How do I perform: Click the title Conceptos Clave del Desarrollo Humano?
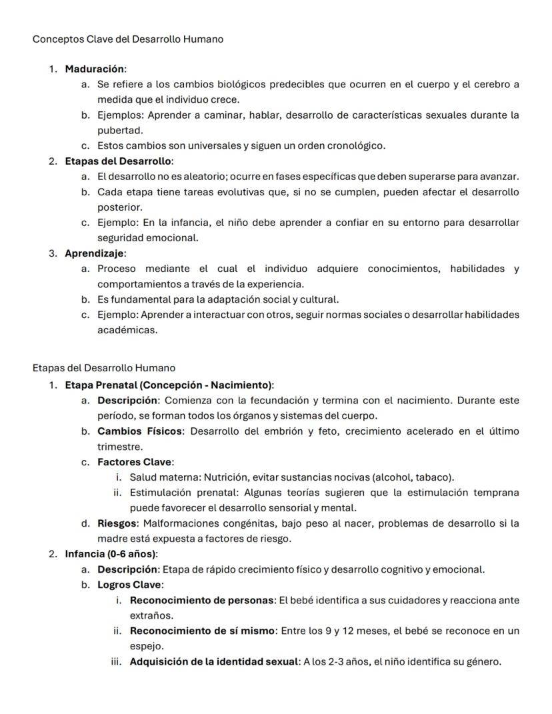pos(127,39)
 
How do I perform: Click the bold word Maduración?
pos(95,69)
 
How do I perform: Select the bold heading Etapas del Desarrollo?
pos(118,161)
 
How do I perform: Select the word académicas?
pos(118,330)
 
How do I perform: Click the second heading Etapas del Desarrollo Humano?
pos(103,368)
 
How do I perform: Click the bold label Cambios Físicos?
pos(139,431)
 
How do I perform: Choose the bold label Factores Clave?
pos(135,462)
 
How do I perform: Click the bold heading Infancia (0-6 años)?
pos(111,554)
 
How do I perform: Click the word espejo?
pos(146,646)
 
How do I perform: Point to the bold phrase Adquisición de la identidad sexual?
pos(213,662)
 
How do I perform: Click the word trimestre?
pos(119,447)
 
